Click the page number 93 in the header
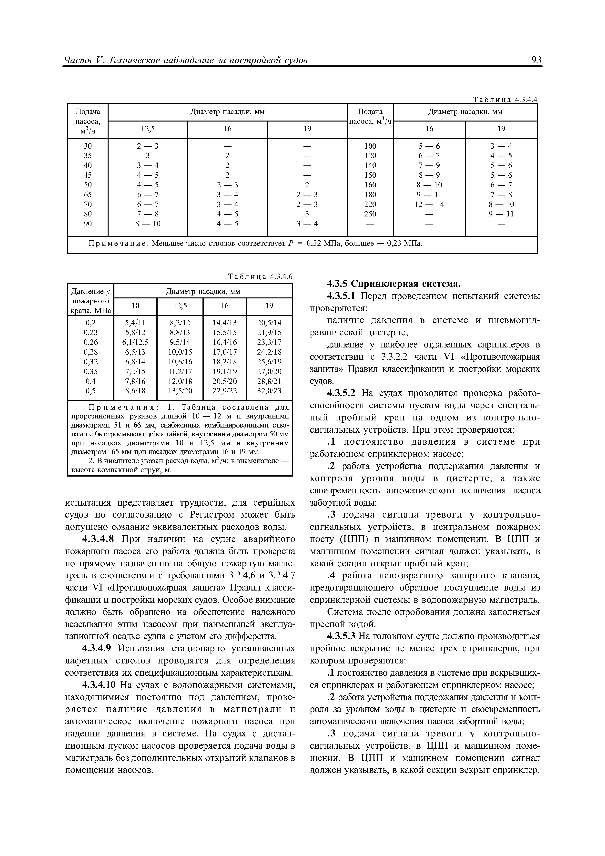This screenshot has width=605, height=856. click(x=536, y=60)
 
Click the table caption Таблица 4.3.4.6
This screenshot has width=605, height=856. click(x=261, y=276)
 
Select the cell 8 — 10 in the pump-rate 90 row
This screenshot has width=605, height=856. click(x=148, y=224)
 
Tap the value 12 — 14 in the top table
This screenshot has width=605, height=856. click(x=429, y=204)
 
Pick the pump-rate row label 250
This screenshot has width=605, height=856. click(x=370, y=214)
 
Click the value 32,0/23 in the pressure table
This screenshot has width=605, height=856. click(x=269, y=391)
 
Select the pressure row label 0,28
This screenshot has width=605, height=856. click(x=91, y=352)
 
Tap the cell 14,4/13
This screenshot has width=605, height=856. click(x=224, y=323)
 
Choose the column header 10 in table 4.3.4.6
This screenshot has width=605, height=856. click(x=135, y=306)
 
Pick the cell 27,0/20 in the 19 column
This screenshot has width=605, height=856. click(x=269, y=371)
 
